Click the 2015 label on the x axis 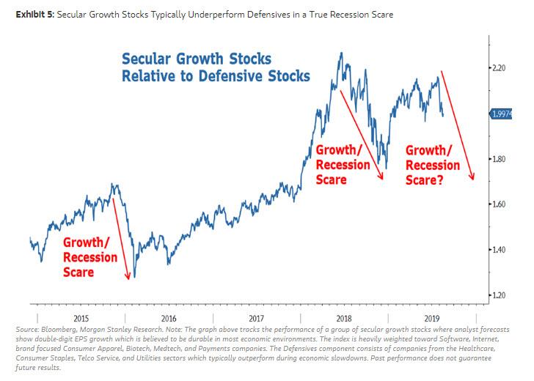[x=80, y=318]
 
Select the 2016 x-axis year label [x=168, y=318]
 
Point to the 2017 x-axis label [x=256, y=318]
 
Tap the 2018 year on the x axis [x=344, y=318]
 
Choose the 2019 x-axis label [x=432, y=318]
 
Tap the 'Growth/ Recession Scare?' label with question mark [x=432, y=164]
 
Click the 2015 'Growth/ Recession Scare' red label [x=90, y=256]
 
